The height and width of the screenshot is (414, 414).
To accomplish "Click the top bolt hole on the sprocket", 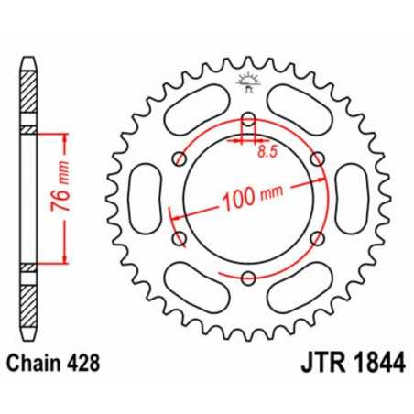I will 248,117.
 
